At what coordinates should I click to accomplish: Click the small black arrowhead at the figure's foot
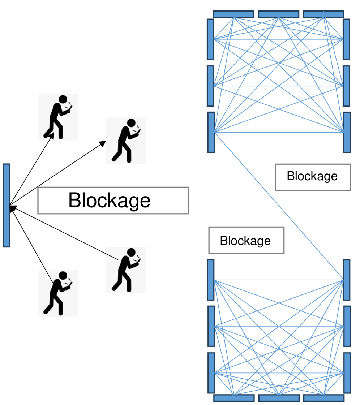(51, 136)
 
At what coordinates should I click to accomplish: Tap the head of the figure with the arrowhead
(63, 99)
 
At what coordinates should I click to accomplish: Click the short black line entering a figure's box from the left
(112, 257)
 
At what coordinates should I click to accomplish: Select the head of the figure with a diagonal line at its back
(63, 276)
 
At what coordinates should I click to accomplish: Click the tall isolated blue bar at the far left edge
(6, 205)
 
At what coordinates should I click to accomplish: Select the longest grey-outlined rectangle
(113, 201)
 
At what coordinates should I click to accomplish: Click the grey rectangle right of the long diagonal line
(313, 177)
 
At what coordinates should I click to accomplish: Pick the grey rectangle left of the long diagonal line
(247, 240)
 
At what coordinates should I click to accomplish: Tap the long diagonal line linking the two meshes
(278, 206)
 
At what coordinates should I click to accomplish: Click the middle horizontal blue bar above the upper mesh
(279, 14)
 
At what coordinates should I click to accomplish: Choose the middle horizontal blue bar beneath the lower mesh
(279, 398)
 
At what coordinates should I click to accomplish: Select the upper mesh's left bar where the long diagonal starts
(211, 132)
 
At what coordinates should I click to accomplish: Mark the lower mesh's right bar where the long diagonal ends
(346, 280)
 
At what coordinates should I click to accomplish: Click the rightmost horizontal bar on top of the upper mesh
(323, 14)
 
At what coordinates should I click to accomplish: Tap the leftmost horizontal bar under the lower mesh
(234, 398)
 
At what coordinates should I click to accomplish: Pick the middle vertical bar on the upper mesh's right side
(346, 86)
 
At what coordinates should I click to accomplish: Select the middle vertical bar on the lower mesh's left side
(211, 326)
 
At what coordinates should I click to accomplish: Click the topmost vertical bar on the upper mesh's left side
(210, 39)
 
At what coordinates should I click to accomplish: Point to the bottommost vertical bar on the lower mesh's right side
(347, 372)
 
